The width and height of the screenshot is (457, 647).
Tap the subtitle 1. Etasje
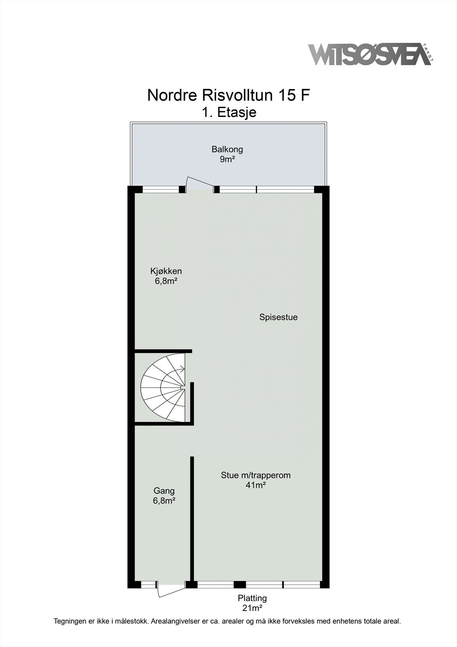229,112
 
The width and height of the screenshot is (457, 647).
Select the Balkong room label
227,149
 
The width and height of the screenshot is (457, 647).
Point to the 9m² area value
227,159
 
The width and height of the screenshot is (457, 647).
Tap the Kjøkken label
166,271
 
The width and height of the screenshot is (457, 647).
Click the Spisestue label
278,317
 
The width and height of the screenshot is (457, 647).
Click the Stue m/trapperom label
255,475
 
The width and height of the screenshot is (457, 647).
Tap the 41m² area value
255,485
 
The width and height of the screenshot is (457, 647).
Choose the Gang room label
164,491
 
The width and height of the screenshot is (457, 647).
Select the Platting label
252,598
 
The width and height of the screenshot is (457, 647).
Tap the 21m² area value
252,608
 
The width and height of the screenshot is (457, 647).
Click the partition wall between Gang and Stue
192,518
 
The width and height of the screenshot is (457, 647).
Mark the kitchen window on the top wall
161,189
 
